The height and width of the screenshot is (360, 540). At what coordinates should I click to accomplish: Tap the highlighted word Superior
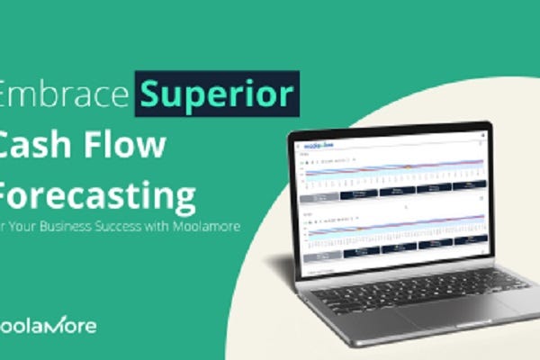216,94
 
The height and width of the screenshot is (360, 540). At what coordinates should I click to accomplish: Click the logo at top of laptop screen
316,144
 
